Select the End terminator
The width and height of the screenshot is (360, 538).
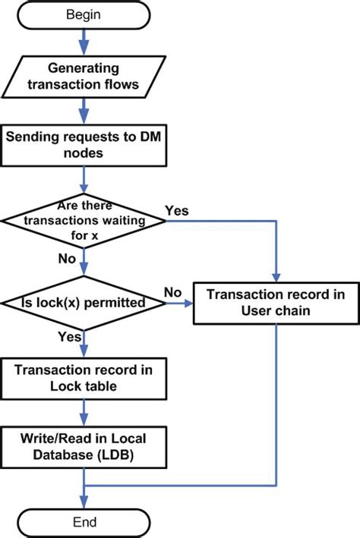pos(83,523)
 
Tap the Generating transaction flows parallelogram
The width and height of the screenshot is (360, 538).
pos(83,77)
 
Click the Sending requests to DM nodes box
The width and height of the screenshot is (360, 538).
pos(83,146)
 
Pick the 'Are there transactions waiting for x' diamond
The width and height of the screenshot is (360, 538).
pos(83,221)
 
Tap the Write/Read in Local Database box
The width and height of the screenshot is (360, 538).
pos(83,448)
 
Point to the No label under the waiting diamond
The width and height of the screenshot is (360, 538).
pos(67,260)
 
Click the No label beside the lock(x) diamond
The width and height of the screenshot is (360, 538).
pos(173,291)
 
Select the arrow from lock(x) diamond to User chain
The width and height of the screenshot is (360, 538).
pos(181,304)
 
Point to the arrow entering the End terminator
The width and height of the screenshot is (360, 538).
pos(83,498)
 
